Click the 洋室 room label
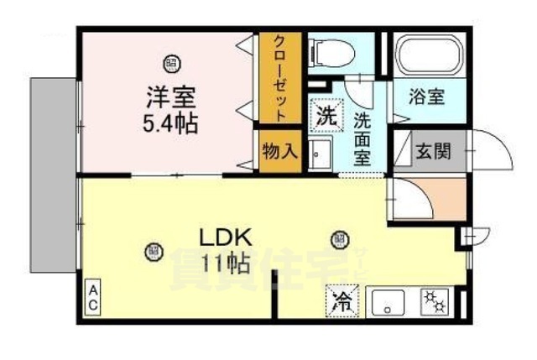[x=173, y=96]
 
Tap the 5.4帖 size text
[x=172, y=125]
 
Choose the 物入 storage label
[x=279, y=152]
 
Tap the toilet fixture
[x=326, y=53]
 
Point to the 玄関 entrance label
[x=434, y=153]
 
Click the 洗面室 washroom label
[x=362, y=138]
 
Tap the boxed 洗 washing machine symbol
[x=325, y=115]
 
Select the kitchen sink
[x=388, y=299]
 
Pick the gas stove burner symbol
[x=434, y=299]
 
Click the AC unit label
[x=93, y=298]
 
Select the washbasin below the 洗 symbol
[x=320, y=154]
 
